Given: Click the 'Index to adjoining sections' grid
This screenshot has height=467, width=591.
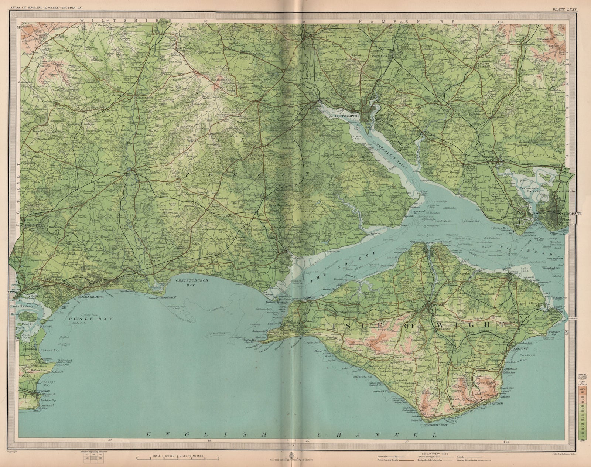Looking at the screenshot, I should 92,458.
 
